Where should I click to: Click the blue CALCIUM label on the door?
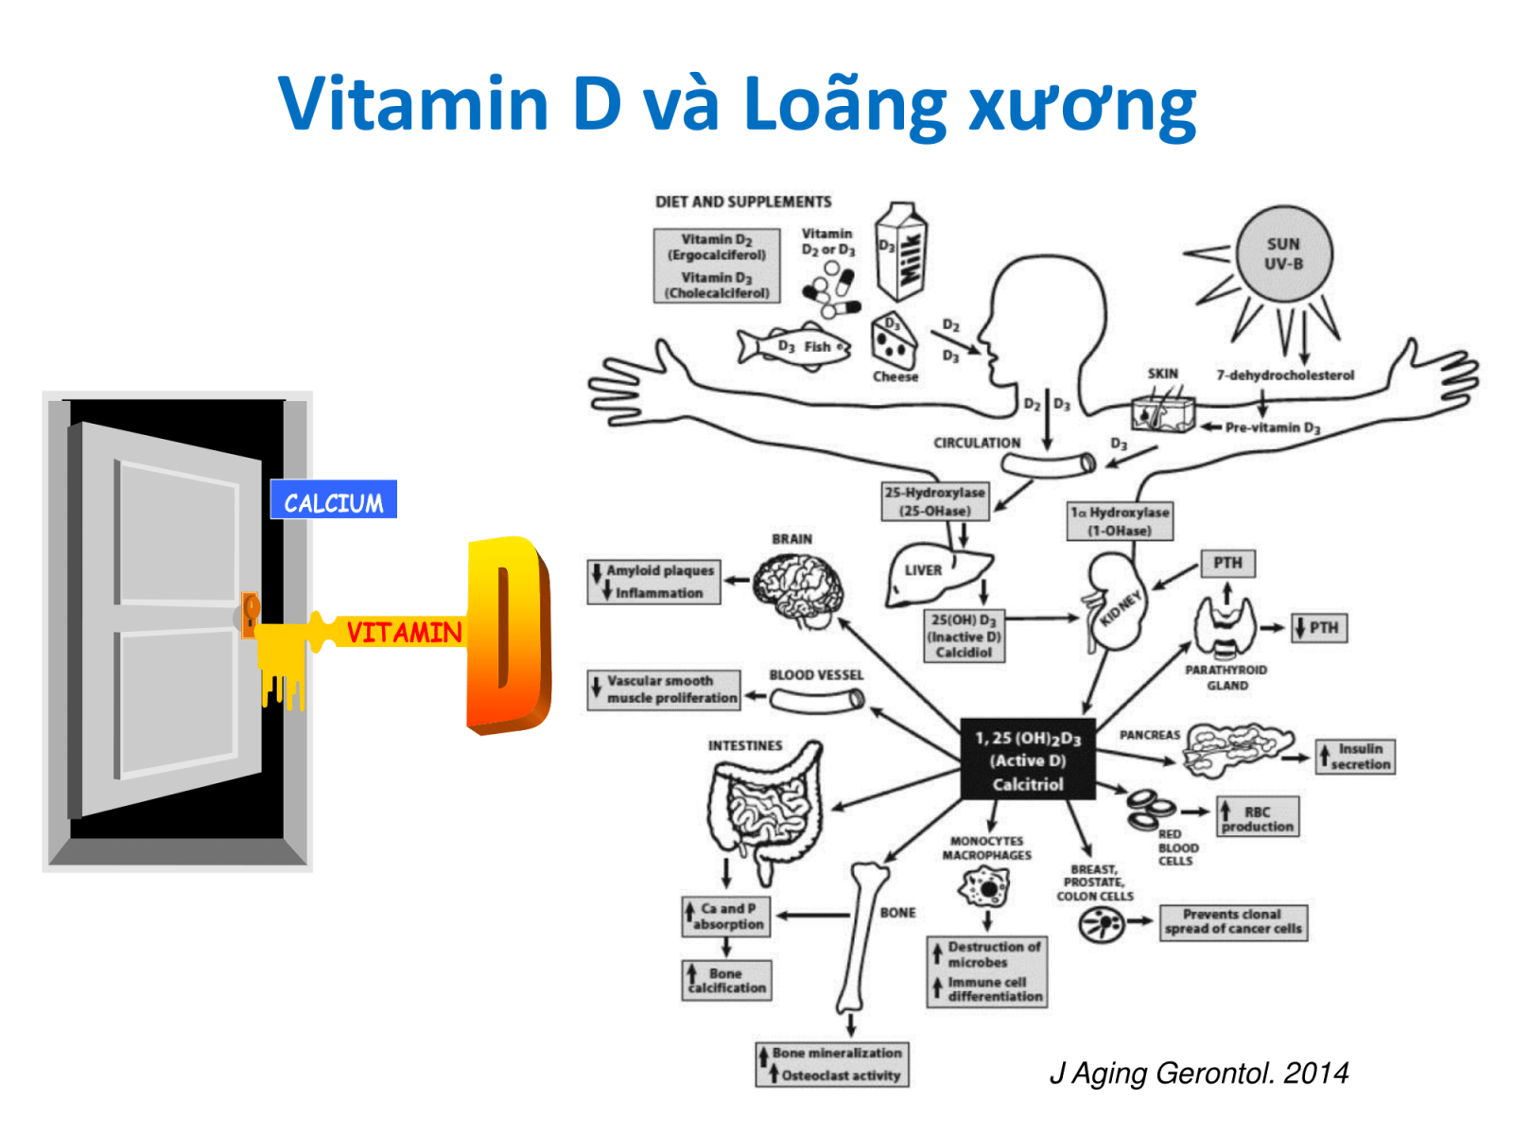click(x=333, y=500)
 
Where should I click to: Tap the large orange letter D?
click(x=507, y=635)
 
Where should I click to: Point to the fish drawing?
click(x=794, y=346)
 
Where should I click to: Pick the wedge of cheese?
click(x=894, y=340)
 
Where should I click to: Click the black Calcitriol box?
click(x=1028, y=760)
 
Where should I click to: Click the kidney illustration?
click(x=1116, y=605)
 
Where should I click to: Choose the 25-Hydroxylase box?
click(x=935, y=501)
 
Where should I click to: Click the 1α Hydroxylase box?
click(x=1120, y=521)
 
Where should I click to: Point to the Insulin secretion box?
click(x=1355, y=757)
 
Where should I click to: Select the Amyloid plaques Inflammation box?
click(x=653, y=582)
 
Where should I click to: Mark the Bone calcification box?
click(x=726, y=980)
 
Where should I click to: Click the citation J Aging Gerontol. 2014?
click(x=1199, y=1074)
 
